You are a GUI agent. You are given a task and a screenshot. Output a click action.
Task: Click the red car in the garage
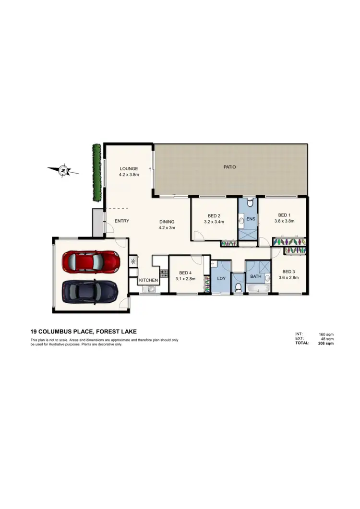point(91,261)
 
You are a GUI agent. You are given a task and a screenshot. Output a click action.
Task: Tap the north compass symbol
point(63,170)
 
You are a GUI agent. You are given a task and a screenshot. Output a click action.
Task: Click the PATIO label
point(230,167)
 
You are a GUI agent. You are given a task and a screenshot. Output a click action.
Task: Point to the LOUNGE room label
point(129,168)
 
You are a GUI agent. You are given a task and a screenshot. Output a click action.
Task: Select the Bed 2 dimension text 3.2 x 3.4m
point(214,222)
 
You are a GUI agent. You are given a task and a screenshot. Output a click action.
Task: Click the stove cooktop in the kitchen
point(163,273)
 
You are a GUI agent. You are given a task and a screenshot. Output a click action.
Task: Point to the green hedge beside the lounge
point(97,172)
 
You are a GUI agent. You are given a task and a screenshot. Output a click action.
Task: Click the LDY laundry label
point(221,279)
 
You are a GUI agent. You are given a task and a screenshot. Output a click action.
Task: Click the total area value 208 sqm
point(326,343)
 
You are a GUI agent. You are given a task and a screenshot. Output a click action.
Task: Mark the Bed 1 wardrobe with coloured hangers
point(289,241)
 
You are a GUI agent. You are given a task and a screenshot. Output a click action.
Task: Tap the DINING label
point(167,222)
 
